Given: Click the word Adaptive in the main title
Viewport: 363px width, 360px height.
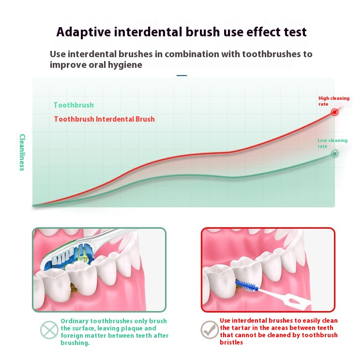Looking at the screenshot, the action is pyautogui.click(x=84, y=32).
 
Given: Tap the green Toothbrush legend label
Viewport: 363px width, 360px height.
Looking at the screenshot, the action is pyautogui.click(x=74, y=105).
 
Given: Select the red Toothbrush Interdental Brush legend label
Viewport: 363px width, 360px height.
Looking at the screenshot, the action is pyautogui.click(x=105, y=119).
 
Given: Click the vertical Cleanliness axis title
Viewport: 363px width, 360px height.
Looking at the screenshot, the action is pyautogui.click(x=22, y=152).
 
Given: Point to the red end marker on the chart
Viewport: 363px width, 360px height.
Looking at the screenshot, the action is pyautogui.click(x=334, y=112).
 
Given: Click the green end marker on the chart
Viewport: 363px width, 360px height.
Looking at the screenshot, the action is pyautogui.click(x=334, y=154).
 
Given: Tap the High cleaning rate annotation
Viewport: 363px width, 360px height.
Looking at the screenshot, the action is pyautogui.click(x=334, y=101).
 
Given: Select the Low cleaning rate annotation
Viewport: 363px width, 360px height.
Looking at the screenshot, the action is pyautogui.click(x=333, y=143).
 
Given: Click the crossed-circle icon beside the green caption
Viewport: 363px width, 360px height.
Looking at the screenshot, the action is pyautogui.click(x=49, y=330).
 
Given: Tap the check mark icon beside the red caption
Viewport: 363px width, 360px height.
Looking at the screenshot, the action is pyautogui.click(x=210, y=330).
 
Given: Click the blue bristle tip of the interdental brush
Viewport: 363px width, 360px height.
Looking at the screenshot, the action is pyautogui.click(x=246, y=286).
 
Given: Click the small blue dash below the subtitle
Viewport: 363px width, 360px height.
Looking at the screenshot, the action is pyautogui.click(x=181, y=75).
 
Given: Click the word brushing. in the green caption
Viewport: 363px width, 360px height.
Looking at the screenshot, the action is pyautogui.click(x=75, y=343).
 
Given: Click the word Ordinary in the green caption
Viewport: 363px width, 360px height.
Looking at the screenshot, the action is pyautogui.click(x=75, y=321).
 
